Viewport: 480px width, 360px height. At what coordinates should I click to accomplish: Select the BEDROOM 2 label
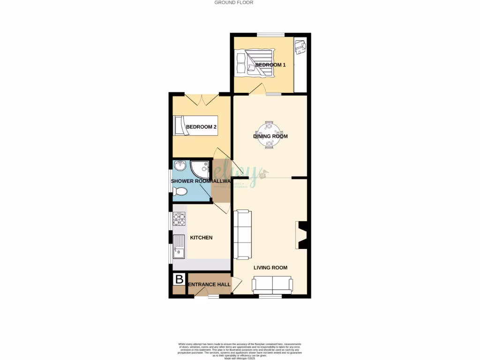coord(201,127)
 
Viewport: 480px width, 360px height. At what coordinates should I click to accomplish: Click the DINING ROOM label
coord(270,136)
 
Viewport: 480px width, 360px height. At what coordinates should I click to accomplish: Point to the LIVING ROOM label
coord(270,268)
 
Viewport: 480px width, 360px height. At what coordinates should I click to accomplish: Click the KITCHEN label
coord(201,238)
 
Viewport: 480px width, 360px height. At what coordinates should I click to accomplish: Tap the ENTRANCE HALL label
coord(209,285)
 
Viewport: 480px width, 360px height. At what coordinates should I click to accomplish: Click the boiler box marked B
coord(179,280)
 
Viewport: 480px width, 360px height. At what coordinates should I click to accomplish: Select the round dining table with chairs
coord(270,135)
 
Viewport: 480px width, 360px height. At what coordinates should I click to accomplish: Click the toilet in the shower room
coord(180,191)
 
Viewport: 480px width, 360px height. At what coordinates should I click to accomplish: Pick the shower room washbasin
coord(180,166)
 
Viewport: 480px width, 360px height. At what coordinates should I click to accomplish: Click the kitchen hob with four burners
coord(179,219)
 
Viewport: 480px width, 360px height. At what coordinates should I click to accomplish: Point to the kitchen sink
coord(179,246)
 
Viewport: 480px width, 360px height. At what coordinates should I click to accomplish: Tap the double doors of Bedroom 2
coord(202,99)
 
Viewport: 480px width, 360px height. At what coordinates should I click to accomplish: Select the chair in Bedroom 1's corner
coord(300,46)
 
